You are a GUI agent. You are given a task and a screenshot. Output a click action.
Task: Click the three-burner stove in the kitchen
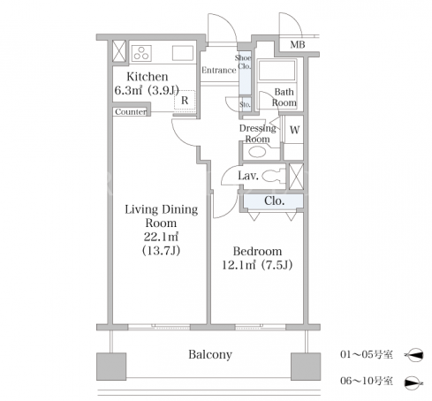141,53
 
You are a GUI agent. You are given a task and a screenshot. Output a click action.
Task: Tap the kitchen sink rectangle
183,53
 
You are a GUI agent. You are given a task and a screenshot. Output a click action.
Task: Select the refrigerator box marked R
185,100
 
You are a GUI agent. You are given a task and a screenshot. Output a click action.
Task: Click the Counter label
131,112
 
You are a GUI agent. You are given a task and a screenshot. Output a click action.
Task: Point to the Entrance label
219,70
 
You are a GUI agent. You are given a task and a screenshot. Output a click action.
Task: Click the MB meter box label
298,45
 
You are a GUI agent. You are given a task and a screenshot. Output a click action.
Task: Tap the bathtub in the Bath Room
277,71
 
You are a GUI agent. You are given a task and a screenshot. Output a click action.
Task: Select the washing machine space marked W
294,130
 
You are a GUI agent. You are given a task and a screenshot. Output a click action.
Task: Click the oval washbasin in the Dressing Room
257,152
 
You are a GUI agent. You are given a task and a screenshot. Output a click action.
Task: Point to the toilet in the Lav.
274,176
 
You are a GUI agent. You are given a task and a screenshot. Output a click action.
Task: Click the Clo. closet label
274,201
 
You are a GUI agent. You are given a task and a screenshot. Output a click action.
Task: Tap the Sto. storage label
245,104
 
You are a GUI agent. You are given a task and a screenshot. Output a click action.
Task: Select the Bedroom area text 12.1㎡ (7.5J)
257,265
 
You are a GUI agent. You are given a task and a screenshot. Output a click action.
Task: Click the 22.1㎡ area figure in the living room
161,237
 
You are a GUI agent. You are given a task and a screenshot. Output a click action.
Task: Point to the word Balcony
210,354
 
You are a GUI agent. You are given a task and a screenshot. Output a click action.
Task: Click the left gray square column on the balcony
111,366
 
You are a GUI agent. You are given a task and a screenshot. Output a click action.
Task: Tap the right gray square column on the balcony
306,366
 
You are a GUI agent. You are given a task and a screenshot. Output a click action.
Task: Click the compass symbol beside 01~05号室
414,355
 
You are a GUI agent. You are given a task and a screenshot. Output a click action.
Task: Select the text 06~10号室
367,381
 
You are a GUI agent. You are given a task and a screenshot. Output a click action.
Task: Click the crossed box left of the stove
119,51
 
